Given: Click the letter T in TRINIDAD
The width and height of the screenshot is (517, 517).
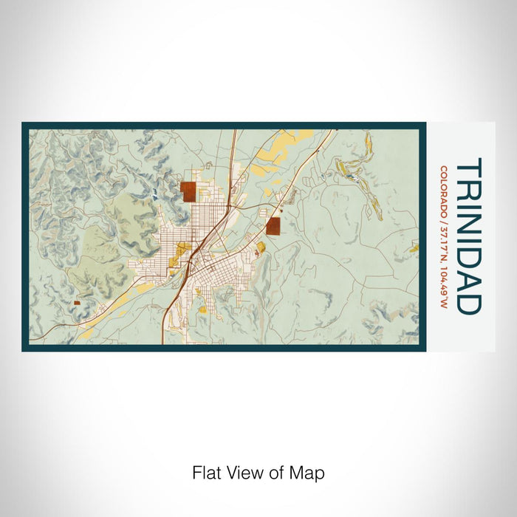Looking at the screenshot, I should click(469, 166).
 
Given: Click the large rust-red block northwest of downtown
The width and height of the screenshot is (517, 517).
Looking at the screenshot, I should click(189, 191).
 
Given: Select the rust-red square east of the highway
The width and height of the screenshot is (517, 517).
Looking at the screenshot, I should click(273, 225).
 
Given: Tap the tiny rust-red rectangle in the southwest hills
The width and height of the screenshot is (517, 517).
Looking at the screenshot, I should click(77, 302).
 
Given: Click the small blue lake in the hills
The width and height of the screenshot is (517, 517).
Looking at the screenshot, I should click(156, 196).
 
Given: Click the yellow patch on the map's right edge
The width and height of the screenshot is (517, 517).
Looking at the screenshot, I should click(414, 247).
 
